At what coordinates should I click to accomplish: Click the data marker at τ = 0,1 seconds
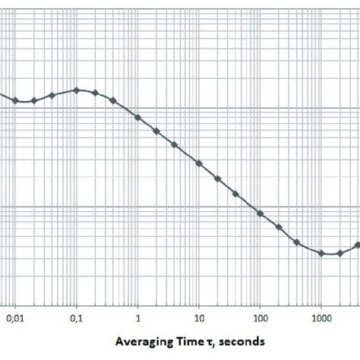pos(76,90)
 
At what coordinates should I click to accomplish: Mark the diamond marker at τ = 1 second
pos(137,117)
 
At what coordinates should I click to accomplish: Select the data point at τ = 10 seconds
pos(199,163)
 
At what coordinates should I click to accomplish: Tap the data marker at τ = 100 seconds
pos(260,213)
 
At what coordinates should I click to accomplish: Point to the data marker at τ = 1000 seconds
pos(321,254)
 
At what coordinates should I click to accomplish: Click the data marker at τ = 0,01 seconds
pos(15,100)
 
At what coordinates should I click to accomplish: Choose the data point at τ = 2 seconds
pos(156,131)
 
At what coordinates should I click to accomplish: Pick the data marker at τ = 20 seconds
pos(217,179)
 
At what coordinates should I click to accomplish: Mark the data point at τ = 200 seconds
pos(279,228)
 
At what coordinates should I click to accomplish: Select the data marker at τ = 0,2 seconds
pos(95,93)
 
